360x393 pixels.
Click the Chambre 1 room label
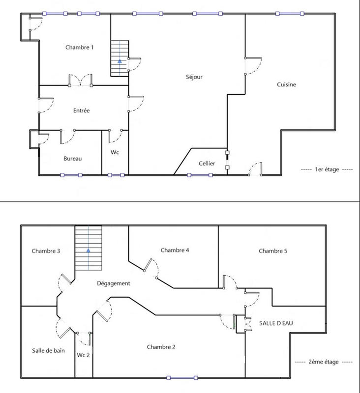79,48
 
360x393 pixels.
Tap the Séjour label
194,77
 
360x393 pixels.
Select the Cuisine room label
286,84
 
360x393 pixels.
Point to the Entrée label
81,111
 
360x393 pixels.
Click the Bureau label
72,159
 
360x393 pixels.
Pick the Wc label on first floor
115,152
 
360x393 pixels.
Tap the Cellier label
207,163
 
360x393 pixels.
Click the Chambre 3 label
46,251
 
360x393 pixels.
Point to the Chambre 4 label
175,250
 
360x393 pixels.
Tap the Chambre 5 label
272,251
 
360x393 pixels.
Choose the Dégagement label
114,283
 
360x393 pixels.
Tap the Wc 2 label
84,355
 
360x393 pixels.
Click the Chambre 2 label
161,347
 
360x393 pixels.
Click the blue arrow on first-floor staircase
119,61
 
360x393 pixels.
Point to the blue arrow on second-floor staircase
88,250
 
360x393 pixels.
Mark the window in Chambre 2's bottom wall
182,378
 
